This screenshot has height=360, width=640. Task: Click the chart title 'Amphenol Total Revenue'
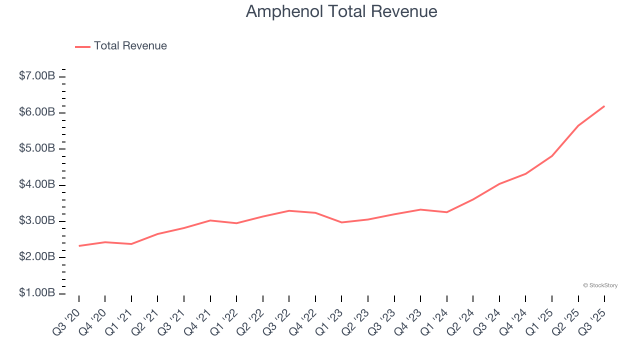pos(341,11)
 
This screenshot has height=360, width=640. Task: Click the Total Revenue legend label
pos(130,46)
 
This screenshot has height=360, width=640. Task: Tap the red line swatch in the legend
pos(82,46)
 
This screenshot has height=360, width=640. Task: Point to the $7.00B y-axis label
pos(37,76)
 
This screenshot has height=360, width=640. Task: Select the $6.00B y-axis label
pos(37,112)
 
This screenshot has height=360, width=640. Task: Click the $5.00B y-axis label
pos(37,149)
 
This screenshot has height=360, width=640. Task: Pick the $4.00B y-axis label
pos(37,185)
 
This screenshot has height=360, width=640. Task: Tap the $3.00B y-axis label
pos(37,221)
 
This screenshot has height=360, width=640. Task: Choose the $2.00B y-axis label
pos(37,257)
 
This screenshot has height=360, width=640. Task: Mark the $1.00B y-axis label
pos(37,293)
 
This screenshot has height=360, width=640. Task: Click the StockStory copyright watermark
pos(600,285)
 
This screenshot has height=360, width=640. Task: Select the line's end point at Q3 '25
pos(604,106)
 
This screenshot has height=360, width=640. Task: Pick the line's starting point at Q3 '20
pos(79,246)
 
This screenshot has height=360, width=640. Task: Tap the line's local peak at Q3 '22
pos(289,210)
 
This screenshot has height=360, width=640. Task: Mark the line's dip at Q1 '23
pos(341,222)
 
